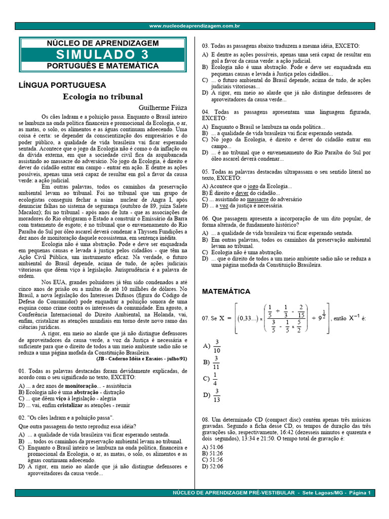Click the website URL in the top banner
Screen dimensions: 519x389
click(x=194, y=26)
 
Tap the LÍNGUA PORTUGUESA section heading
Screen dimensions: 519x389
click(x=62, y=85)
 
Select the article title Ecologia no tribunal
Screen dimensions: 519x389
click(x=103, y=96)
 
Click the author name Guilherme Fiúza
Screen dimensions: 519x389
click(x=163, y=107)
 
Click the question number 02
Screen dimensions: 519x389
click(x=22, y=417)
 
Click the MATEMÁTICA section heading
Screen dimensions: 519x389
click(x=226, y=291)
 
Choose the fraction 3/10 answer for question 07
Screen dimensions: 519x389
click(x=217, y=346)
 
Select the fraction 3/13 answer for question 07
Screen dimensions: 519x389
click(x=217, y=395)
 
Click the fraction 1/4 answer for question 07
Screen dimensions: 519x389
click(x=215, y=379)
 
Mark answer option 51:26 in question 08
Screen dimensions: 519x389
click(x=213, y=453)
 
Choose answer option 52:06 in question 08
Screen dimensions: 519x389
click(x=213, y=466)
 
